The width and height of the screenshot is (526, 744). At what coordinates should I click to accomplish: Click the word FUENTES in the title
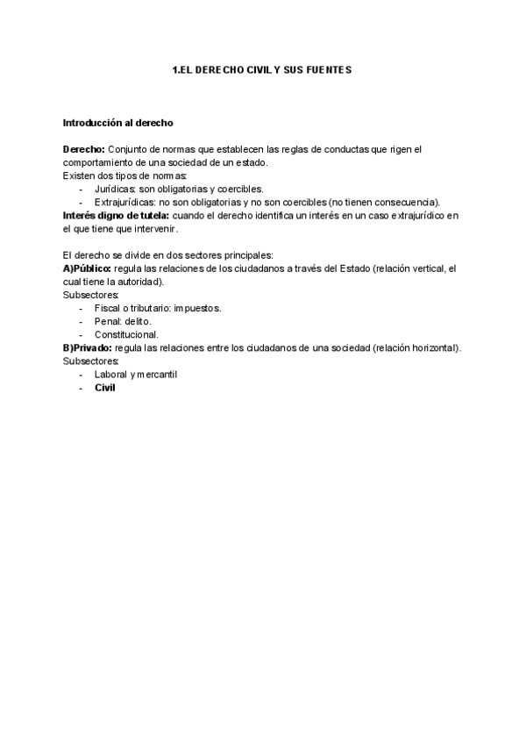tap(328, 69)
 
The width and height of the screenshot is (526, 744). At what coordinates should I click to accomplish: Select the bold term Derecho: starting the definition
tap(84, 150)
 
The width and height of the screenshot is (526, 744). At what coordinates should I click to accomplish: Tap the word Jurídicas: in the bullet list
tap(115, 189)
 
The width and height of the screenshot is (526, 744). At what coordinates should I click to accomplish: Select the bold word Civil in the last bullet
tap(105, 389)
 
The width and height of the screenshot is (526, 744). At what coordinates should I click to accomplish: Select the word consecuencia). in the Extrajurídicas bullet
tap(407, 202)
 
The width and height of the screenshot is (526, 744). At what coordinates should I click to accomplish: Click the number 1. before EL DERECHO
tap(176, 69)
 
